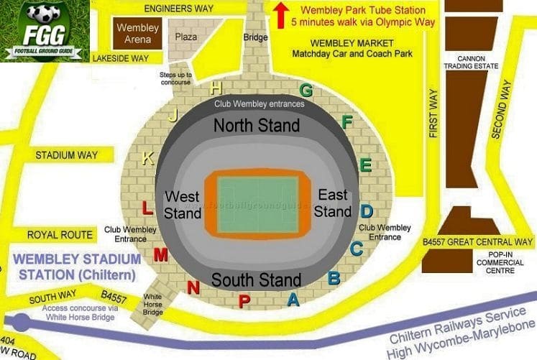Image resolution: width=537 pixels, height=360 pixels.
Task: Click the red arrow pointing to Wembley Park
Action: pos(281,15)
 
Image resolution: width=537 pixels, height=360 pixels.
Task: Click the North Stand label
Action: pos(257,126)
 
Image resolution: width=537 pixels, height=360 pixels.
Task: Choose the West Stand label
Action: pos(183,205)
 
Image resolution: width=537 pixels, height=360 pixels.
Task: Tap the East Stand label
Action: pos(332,205)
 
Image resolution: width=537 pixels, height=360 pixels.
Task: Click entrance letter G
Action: pos(306,91)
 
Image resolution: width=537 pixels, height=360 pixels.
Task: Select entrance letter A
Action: pos(293,300)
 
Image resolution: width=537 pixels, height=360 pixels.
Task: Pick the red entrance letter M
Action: pos(161,254)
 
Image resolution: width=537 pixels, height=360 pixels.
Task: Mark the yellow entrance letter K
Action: pos(147,159)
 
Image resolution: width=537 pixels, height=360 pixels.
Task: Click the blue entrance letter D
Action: pos(367,211)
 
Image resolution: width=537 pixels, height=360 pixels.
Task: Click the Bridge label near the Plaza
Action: pos(255,37)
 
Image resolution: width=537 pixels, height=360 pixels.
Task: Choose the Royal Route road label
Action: pos(60,235)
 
